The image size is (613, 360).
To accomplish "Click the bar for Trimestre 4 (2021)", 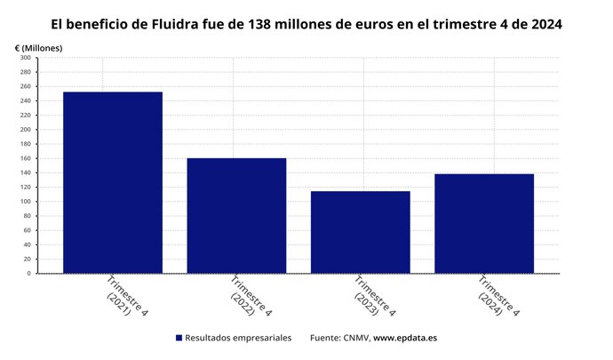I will [x=112, y=182].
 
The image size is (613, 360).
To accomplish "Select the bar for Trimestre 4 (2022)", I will [x=236, y=215].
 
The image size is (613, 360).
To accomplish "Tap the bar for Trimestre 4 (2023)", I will [x=360, y=232].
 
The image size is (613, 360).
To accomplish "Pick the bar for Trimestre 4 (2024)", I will [x=484, y=223].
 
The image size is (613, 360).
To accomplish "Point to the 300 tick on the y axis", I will [x=25, y=58].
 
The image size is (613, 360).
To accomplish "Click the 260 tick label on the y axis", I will [x=25, y=86].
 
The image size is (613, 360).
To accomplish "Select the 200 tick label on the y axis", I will [x=25, y=130].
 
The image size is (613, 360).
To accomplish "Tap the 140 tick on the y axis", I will [x=25, y=172].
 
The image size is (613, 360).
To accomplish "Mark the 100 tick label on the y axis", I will [x=25, y=202].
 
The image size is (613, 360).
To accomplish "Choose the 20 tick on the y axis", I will [x=27, y=259].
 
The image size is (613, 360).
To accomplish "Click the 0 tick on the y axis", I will [x=28, y=274].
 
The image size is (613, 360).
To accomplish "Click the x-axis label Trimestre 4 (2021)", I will [x=124, y=297].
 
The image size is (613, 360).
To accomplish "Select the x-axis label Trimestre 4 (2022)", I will [x=249, y=297].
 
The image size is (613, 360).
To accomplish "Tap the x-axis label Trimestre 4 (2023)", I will [x=372, y=297].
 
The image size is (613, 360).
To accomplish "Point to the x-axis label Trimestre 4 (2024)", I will [x=497, y=297].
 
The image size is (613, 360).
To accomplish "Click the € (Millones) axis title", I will [x=39, y=46].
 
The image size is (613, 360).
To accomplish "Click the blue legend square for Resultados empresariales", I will [x=179, y=339].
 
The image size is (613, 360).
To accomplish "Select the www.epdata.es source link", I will [x=404, y=339].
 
